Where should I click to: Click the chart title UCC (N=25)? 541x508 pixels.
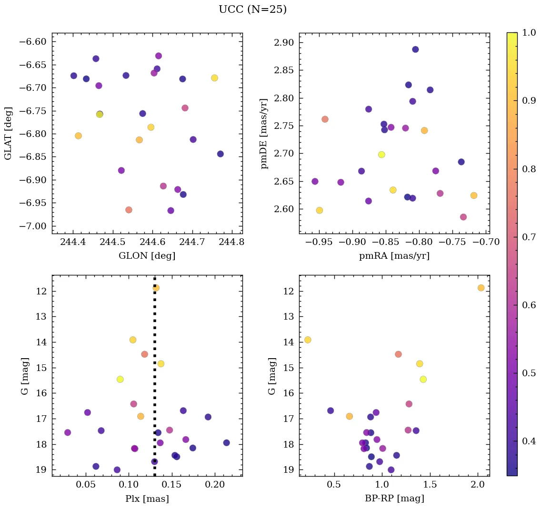tap(252, 10)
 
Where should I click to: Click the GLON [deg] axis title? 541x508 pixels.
tap(147, 256)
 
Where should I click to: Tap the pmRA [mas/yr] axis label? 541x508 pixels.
tap(394, 256)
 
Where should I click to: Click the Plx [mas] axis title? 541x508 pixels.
tap(147, 498)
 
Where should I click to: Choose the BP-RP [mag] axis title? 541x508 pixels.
tap(394, 498)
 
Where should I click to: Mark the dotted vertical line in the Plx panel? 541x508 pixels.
tap(155, 381)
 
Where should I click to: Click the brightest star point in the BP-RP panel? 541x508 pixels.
tap(481, 288)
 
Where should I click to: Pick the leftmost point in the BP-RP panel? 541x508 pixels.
tap(308, 340)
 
